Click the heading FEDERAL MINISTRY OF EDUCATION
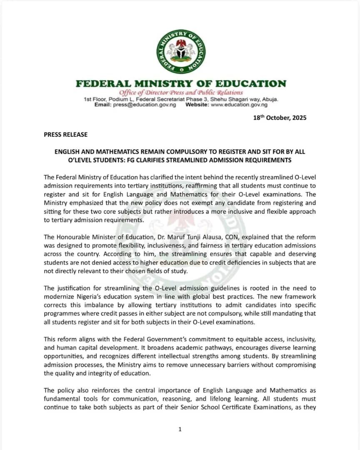tap(181, 84)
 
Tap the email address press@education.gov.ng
tap(144, 105)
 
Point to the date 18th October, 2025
tap(280, 118)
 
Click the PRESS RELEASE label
tap(66, 135)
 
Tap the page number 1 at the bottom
tap(180, 429)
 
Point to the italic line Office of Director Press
tap(181, 92)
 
